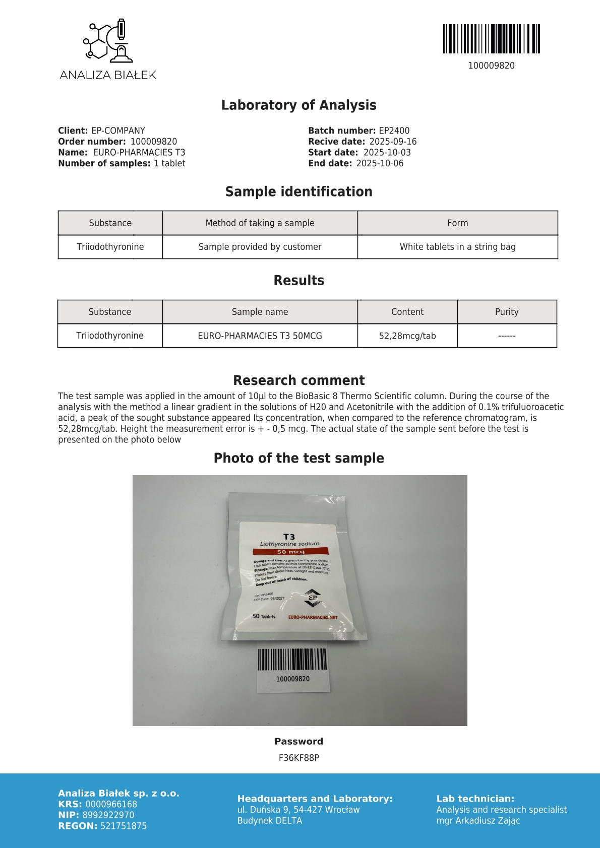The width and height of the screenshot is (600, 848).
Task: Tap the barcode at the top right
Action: (x=492, y=39)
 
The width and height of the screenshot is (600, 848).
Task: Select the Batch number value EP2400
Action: (x=394, y=131)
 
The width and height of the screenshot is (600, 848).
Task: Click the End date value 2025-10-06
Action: (x=380, y=163)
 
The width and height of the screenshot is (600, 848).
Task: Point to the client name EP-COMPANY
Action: (x=118, y=131)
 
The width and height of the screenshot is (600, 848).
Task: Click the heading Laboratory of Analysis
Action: (x=299, y=105)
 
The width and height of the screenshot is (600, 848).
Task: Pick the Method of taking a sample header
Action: (x=260, y=223)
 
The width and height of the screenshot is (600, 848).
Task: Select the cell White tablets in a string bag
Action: (x=457, y=247)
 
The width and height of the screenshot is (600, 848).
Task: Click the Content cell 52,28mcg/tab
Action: (x=407, y=336)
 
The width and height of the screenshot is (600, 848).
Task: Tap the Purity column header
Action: (x=507, y=312)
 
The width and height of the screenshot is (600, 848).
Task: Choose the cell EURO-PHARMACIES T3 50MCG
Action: (x=260, y=336)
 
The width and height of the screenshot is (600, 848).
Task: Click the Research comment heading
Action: (x=299, y=380)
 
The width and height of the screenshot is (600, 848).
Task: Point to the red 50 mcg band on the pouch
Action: (x=290, y=552)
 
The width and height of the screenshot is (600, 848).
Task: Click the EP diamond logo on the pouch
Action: (x=313, y=598)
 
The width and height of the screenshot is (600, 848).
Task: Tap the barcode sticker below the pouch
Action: (x=292, y=666)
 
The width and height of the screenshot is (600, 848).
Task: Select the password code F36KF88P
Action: (x=299, y=758)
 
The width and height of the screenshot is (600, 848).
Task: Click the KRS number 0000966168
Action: (x=111, y=804)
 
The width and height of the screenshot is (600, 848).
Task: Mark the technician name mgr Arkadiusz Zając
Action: (x=478, y=820)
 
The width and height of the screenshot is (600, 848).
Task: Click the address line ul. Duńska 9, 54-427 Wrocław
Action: (x=298, y=810)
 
